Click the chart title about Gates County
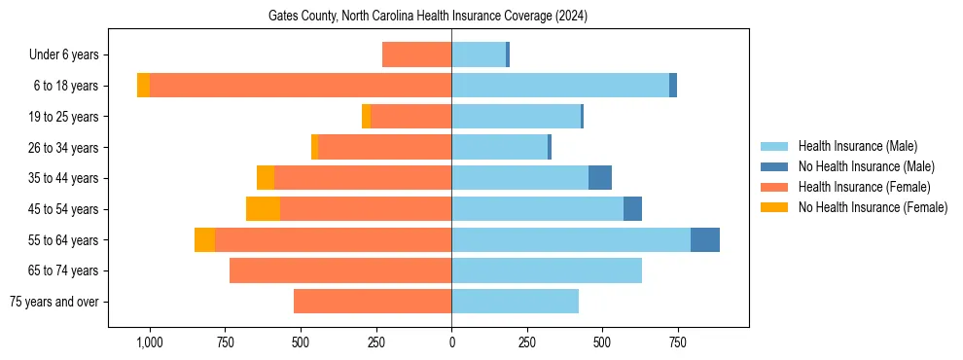click(x=428, y=17)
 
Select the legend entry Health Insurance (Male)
click(x=857, y=146)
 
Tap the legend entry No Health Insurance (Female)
click(x=873, y=207)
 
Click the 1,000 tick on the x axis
click(x=150, y=343)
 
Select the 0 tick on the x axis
click(x=451, y=343)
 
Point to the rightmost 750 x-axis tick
click(x=678, y=343)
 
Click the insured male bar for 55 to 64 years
click(x=571, y=240)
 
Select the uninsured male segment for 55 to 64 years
click(x=705, y=240)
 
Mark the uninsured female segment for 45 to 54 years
click(x=263, y=209)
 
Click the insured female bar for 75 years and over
click(x=373, y=302)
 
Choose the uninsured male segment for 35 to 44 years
click(x=600, y=178)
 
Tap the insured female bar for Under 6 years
click(x=416, y=55)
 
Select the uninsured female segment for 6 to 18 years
click(x=143, y=86)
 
